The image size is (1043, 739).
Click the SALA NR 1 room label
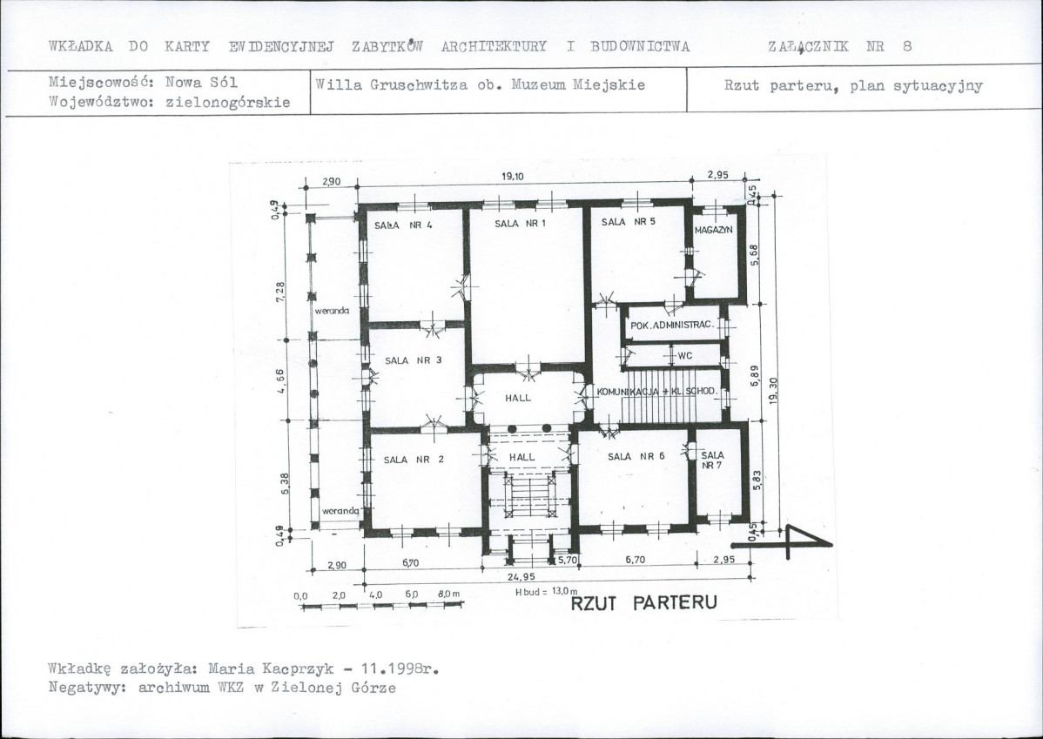(520, 224)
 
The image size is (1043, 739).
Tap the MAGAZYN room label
(713, 230)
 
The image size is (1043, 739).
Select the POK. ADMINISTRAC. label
(672, 326)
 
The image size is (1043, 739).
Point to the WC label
(685, 356)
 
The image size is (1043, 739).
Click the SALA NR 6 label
(636, 456)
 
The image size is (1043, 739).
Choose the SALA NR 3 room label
(413, 360)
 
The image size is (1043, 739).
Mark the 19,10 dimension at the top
(512, 177)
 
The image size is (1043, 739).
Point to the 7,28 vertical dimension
(280, 292)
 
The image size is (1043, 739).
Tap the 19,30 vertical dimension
(772, 391)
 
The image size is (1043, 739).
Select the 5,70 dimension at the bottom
(568, 560)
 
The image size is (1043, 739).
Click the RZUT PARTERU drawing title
(644, 602)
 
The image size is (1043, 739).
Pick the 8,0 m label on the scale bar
(449, 594)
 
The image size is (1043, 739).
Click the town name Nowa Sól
(201, 83)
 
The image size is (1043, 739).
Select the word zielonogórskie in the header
(227, 103)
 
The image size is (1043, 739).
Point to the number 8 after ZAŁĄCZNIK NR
(907, 46)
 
